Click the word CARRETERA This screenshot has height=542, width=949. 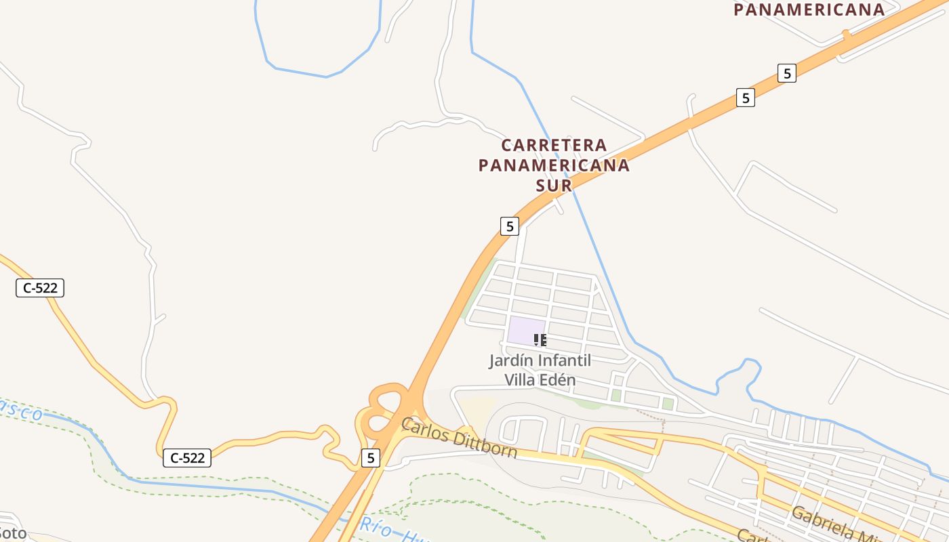click(554, 145)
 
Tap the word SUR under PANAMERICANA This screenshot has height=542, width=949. click(554, 185)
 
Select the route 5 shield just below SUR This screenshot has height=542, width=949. click(510, 226)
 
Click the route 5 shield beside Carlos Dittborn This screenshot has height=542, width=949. click(370, 458)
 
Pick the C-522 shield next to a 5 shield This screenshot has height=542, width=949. click(187, 458)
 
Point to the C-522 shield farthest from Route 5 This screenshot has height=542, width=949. click(40, 288)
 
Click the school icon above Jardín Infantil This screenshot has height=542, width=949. click(540, 339)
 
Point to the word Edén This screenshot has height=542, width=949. click(558, 379)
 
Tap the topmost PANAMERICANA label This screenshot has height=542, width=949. click(809, 9)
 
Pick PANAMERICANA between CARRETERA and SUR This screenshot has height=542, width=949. click(554, 165)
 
